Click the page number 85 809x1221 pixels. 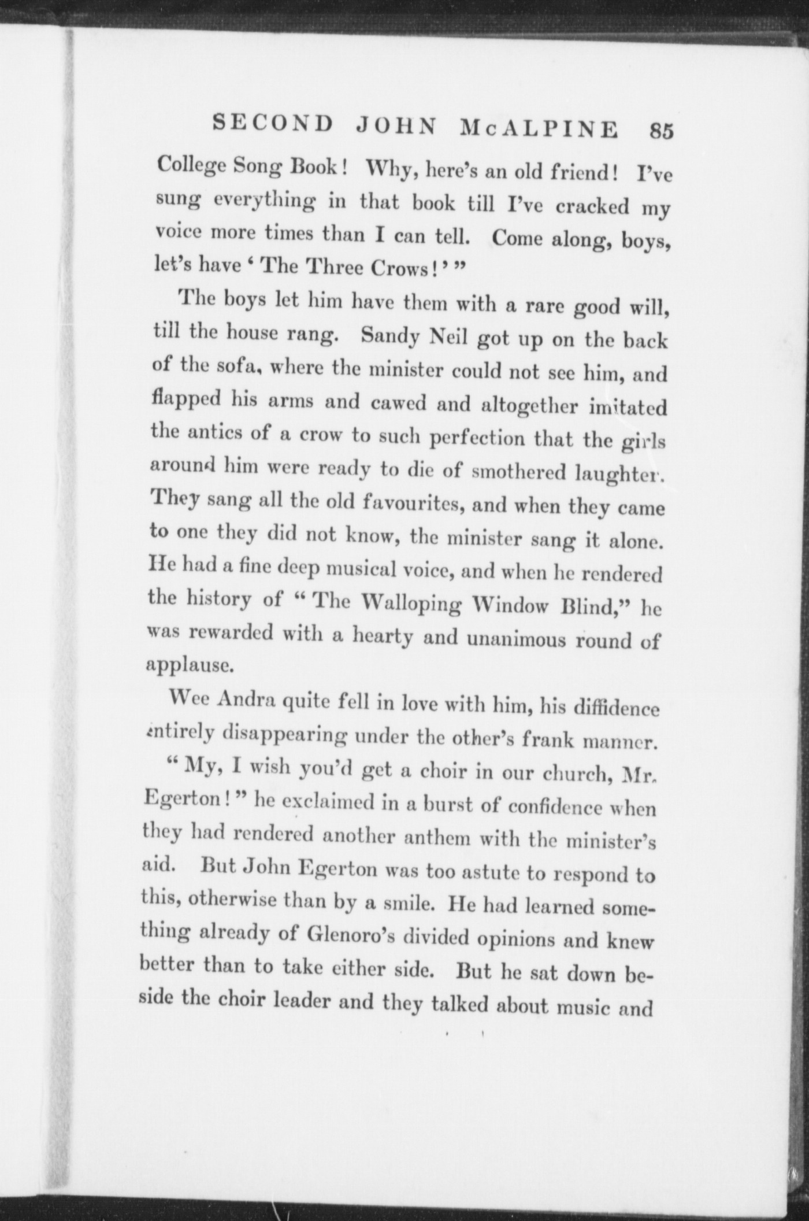pyautogui.click(x=661, y=130)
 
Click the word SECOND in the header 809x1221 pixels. pyautogui.click(x=273, y=124)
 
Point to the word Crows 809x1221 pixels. pyautogui.click(x=389, y=269)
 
